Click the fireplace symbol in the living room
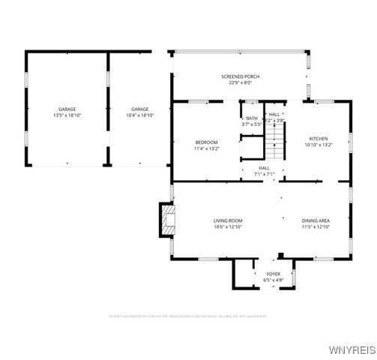pos(166,220)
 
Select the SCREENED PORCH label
pos(240,76)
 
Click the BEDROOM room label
pos(206,142)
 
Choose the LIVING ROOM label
pos(228,220)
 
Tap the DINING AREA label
pos(316,220)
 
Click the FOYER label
pos(273,274)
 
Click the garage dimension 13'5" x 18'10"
pos(67,115)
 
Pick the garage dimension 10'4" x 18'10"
pos(139,115)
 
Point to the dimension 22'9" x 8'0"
pos(240,82)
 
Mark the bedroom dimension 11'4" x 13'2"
pos(206,148)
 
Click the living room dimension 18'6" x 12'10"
pos(228,226)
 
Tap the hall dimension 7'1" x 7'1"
pos(265,174)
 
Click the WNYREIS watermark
pos(352,350)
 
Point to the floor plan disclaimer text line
pos(188,316)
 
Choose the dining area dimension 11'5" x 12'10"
pos(316,226)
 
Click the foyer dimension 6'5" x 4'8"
pos(273,280)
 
